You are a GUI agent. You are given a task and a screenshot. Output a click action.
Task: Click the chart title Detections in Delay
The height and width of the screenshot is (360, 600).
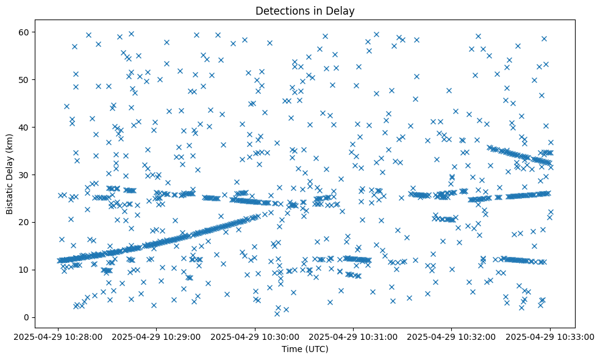[305, 10]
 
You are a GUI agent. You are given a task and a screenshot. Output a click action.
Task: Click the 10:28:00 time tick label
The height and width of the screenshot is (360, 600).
[59, 336]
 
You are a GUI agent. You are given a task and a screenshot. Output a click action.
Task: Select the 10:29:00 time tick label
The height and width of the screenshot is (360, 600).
[157, 336]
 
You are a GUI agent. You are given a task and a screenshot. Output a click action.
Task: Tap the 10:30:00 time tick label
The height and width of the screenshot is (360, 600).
[255, 336]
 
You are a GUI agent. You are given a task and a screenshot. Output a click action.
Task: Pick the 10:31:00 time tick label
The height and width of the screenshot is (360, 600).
[353, 336]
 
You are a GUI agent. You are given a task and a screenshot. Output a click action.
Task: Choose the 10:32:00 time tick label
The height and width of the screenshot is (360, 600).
[451, 336]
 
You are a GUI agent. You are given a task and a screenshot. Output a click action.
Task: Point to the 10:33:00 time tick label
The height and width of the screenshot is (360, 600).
[549, 336]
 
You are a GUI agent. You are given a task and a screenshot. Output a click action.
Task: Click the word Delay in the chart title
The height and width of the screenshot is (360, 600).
[341, 10]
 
